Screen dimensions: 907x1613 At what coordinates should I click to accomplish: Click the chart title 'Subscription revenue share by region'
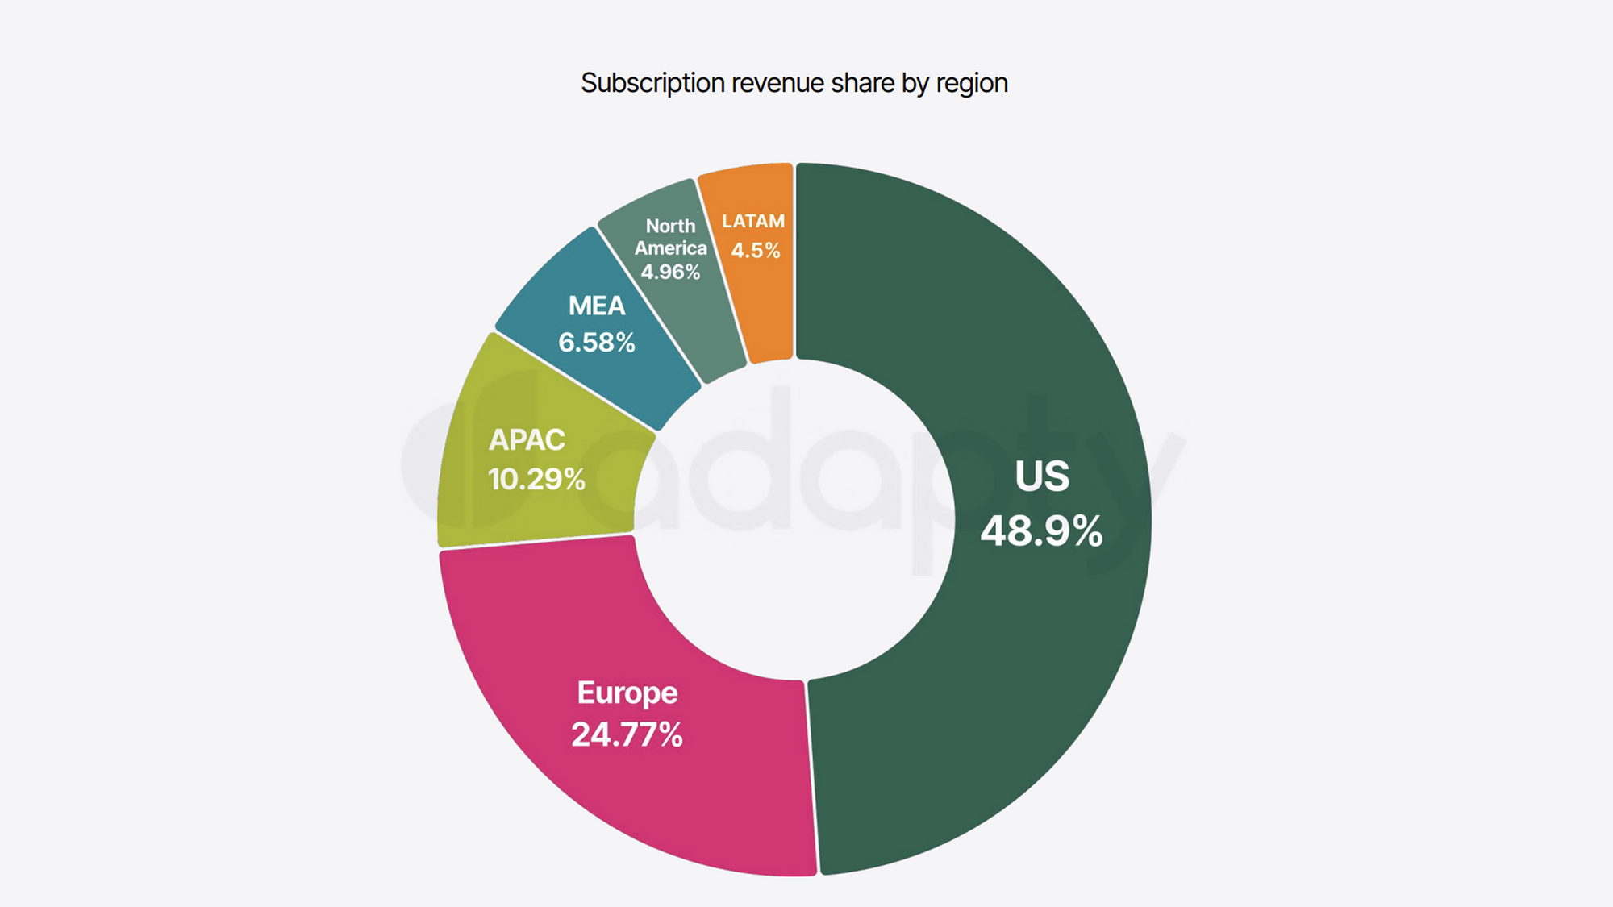pyautogui.click(x=794, y=83)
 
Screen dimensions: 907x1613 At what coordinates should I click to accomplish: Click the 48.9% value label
pyautogui.click(x=1041, y=531)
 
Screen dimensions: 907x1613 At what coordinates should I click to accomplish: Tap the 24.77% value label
pyautogui.click(x=627, y=734)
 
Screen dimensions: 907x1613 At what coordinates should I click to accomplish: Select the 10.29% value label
pyautogui.click(x=536, y=480)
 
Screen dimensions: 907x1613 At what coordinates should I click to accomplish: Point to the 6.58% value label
pyautogui.click(x=597, y=343)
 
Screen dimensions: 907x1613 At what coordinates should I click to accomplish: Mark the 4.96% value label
pyautogui.click(x=670, y=273)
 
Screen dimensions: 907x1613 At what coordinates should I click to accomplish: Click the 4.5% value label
pyautogui.click(x=756, y=251)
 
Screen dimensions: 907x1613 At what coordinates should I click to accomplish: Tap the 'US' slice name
pyautogui.click(x=1042, y=476)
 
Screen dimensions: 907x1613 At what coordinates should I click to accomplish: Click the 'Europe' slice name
pyautogui.click(x=627, y=693)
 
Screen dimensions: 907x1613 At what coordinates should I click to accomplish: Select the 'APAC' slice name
pyautogui.click(x=527, y=439)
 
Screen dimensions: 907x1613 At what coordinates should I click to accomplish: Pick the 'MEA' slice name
pyautogui.click(x=597, y=306)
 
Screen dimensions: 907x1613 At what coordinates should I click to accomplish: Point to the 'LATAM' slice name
pyautogui.click(x=753, y=221)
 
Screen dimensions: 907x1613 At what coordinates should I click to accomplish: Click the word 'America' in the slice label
pyautogui.click(x=670, y=248)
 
